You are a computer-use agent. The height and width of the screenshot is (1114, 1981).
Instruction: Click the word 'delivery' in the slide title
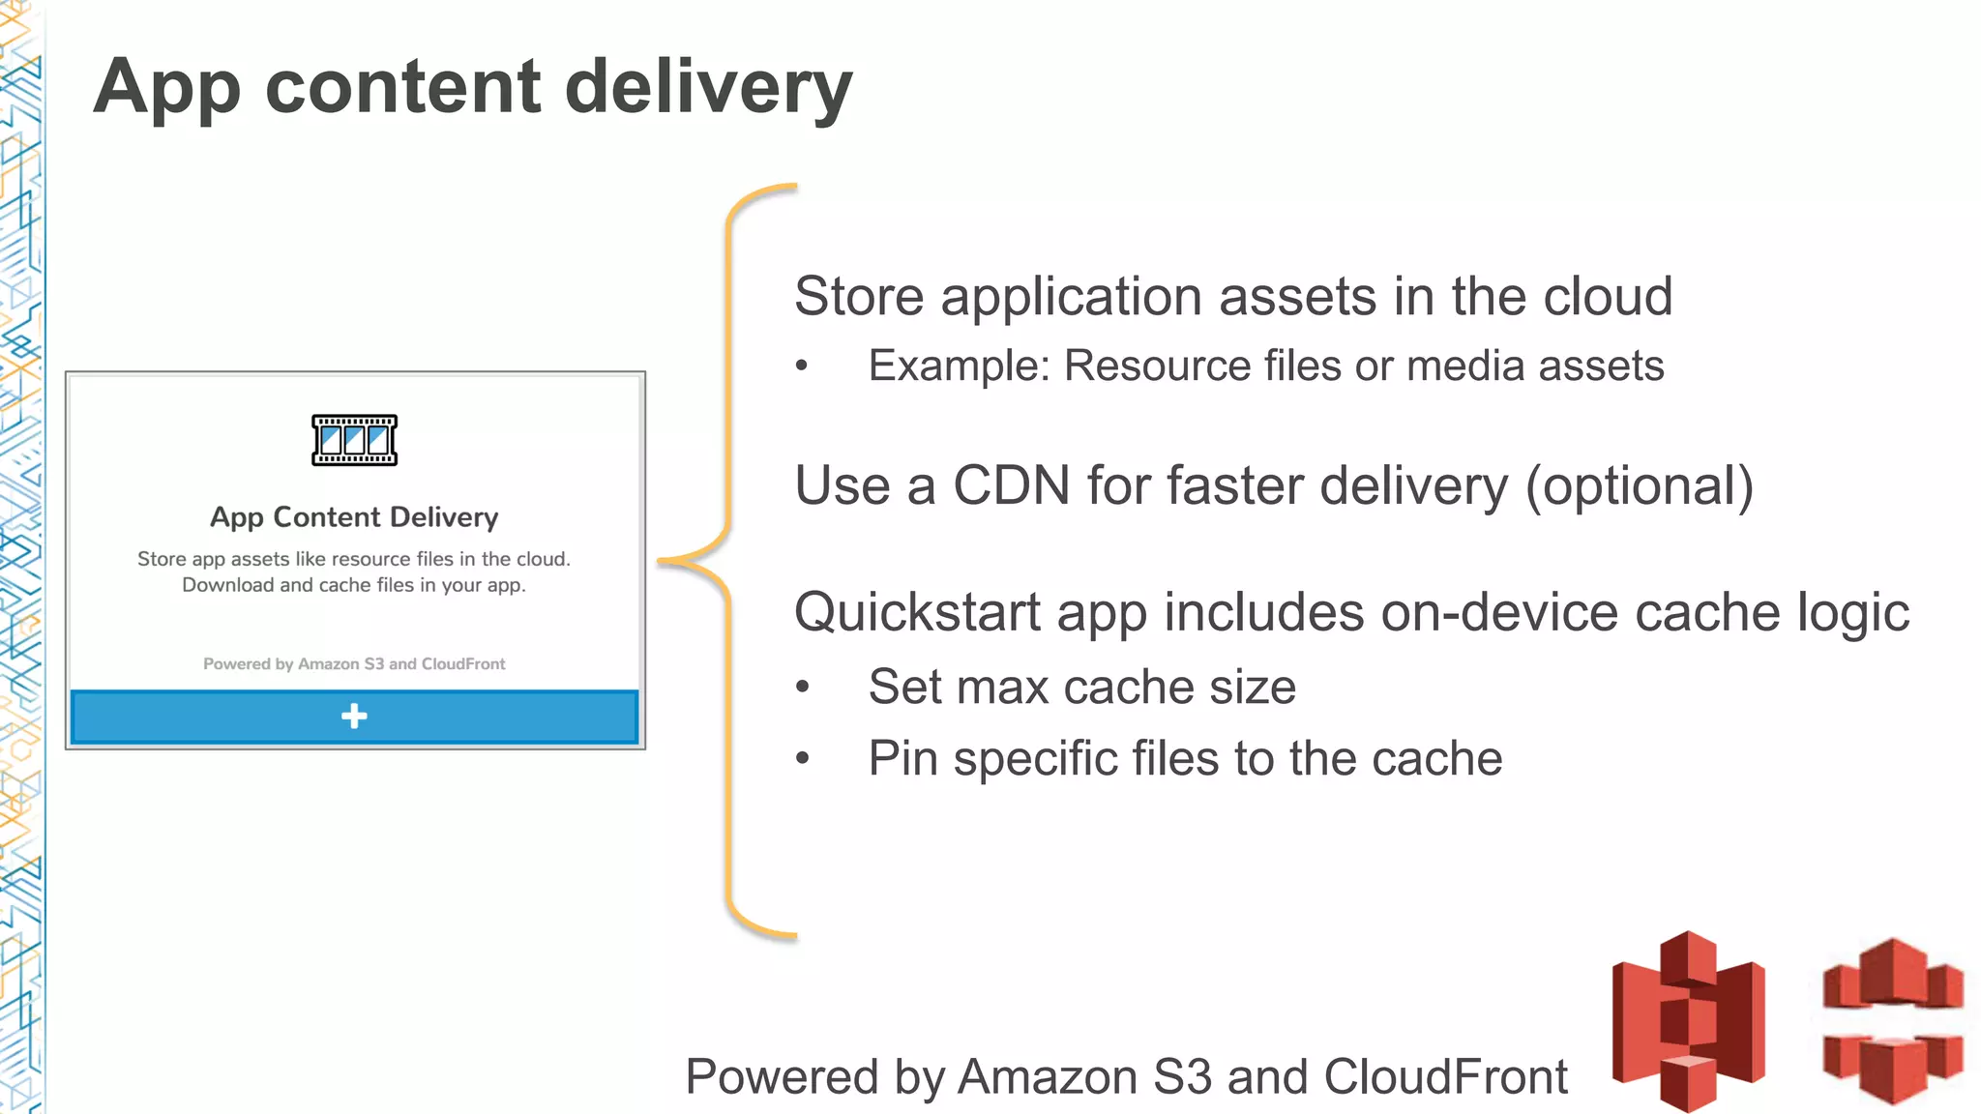[707, 87]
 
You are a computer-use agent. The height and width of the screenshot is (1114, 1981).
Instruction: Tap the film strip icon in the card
[354, 440]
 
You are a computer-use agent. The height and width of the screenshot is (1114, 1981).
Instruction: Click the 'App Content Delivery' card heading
[354, 517]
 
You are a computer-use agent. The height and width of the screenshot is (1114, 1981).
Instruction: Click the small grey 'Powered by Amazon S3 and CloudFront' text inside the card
[354, 664]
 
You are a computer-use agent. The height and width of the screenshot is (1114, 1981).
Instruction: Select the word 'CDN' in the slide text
[1011, 485]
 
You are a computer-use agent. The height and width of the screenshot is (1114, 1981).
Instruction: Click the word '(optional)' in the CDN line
[1639, 486]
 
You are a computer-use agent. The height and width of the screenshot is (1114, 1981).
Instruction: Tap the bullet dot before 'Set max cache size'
[802, 688]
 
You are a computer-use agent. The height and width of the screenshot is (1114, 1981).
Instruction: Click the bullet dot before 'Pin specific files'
[802, 759]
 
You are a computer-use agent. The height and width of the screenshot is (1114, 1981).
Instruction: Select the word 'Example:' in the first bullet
[959, 366]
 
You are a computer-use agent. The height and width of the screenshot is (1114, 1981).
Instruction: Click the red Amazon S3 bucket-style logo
[1688, 1020]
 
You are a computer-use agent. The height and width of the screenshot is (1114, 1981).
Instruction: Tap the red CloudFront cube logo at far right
[1892, 1020]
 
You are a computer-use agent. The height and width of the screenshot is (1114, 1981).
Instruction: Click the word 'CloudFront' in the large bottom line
[1445, 1077]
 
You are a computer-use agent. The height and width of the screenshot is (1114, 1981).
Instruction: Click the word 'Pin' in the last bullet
[902, 759]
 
